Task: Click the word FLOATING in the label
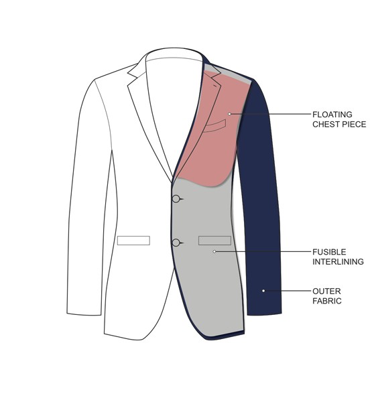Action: coord(332,115)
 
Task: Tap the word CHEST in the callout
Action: coord(326,124)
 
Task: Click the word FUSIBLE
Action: coord(329,252)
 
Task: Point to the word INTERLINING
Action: coord(338,261)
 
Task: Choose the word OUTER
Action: coord(326,291)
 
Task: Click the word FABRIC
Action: coord(327,301)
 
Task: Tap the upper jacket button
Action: coord(176,199)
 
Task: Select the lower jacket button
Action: coord(176,243)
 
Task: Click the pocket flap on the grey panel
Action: coord(214,241)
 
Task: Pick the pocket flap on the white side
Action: coord(133,241)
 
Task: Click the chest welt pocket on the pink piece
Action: coord(214,126)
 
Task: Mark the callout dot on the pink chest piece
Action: coord(229,114)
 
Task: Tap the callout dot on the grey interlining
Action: coord(214,251)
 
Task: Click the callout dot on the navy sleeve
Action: coord(263,291)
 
